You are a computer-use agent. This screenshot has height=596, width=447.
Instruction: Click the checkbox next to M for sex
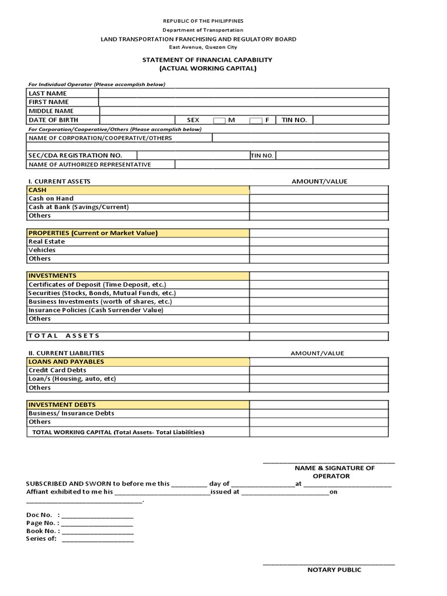pyautogui.click(x=219, y=120)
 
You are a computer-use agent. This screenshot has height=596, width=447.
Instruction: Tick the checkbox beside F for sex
pyautogui.click(x=256, y=120)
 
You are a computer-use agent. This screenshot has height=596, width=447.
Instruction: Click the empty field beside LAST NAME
pyautogui.click(x=243, y=93)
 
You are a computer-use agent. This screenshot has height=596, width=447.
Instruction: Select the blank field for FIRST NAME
pyautogui.click(x=243, y=102)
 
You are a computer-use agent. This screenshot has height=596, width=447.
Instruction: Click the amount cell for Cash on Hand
pyautogui.click(x=318, y=198)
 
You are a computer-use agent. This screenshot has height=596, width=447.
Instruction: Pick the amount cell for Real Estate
pyautogui.click(x=318, y=242)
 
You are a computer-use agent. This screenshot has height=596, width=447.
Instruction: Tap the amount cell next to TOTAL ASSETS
pyautogui.click(x=318, y=336)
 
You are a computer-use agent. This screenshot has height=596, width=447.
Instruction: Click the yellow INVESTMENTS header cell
pyautogui.click(x=139, y=276)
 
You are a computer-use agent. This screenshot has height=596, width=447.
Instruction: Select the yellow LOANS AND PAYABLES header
pyautogui.click(x=139, y=361)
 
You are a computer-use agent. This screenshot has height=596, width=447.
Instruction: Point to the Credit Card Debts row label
pyautogui.click(x=57, y=370)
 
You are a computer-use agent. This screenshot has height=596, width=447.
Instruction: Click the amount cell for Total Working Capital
pyautogui.click(x=318, y=432)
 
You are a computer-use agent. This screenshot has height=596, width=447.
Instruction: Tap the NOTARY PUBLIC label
pyautogui.click(x=334, y=570)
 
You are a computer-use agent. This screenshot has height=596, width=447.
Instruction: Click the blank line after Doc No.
pyautogui.click(x=97, y=516)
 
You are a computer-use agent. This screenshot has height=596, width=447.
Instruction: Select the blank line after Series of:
pyautogui.click(x=97, y=540)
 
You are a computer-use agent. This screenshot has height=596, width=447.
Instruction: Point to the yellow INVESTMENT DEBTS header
pyautogui.click(x=139, y=405)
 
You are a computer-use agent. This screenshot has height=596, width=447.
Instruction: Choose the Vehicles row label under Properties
pyautogui.click(x=42, y=250)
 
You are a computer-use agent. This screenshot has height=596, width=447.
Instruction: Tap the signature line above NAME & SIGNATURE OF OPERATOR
pyautogui.click(x=329, y=463)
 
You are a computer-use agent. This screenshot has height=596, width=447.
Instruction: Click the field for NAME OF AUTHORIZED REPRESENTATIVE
pyautogui.click(x=282, y=165)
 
